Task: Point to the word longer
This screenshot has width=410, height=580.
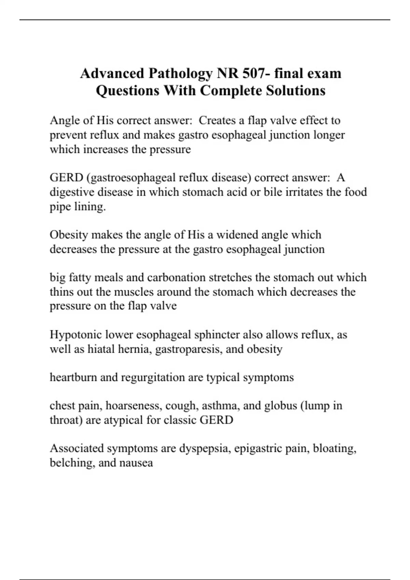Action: click(329, 135)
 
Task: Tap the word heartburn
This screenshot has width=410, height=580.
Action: click(73, 377)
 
